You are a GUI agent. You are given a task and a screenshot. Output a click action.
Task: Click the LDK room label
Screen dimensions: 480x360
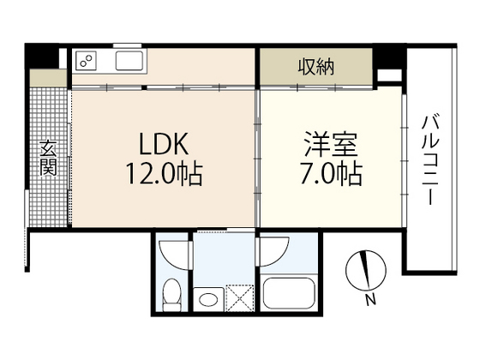click(164, 144)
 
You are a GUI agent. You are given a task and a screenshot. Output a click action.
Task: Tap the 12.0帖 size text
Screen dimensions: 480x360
click(165, 174)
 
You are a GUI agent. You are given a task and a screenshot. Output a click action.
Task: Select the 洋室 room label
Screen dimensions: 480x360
click(331, 144)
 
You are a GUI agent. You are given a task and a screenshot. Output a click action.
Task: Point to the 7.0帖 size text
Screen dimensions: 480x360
click(332, 174)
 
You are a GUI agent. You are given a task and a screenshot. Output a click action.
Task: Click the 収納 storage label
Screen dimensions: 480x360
click(316, 67)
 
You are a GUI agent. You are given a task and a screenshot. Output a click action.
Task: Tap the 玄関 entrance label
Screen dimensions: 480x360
click(48, 159)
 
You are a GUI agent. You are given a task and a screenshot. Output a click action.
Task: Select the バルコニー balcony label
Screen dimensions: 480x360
click(430, 159)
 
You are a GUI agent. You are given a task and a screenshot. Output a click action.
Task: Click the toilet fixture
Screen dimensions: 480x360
click(171, 295)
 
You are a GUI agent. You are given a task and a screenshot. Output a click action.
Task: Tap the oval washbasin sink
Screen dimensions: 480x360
click(208, 299)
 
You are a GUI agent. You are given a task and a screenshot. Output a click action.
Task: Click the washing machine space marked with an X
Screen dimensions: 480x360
click(240, 298)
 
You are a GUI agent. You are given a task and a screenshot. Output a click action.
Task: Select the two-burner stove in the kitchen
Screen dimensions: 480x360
click(86, 61)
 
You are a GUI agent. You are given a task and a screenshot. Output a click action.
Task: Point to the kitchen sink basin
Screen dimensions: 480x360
click(129, 61)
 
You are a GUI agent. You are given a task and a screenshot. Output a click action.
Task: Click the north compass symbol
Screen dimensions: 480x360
click(366, 270)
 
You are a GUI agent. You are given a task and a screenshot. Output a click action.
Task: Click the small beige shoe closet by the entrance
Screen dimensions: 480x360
click(48, 78)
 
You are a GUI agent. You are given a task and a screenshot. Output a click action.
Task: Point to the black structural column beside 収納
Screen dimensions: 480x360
click(389, 57)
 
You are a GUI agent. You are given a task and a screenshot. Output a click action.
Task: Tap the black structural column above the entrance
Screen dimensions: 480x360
click(42, 56)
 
